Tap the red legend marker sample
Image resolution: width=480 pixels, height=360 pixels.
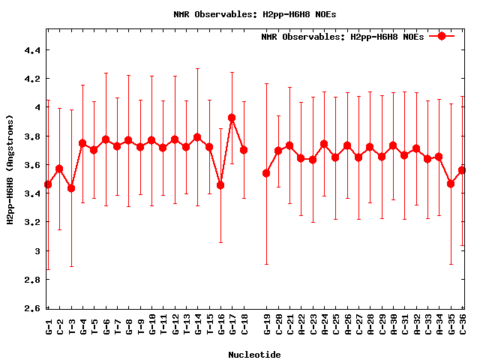[442, 36]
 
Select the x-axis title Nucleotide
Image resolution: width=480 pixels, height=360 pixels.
[255, 355]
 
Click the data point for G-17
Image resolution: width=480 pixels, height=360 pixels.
[232, 118]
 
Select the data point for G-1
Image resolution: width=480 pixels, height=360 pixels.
[48, 184]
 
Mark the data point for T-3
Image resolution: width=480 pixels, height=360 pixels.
[71, 188]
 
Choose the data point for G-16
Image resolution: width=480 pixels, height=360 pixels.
[220, 185]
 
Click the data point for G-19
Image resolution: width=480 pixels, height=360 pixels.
[266, 173]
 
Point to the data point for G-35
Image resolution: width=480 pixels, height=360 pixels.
[451, 184]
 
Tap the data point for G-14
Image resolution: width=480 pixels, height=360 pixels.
[197, 137]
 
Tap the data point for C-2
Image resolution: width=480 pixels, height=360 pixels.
[59, 169]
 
